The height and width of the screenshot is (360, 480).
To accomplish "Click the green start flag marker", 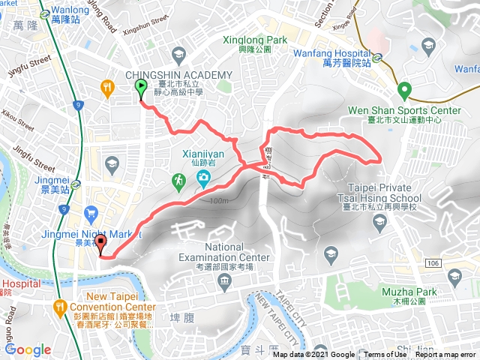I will tap(141, 88).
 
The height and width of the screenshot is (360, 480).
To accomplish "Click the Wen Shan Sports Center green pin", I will tap(404, 90).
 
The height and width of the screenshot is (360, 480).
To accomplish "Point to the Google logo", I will tap(28, 349).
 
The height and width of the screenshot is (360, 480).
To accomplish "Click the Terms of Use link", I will tap(385, 355).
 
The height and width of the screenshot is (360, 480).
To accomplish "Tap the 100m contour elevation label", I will tap(219, 200).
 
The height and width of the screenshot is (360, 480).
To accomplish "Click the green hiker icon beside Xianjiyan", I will tap(178, 180).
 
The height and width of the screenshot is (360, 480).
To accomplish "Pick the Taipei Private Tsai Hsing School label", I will tap(385, 193).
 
